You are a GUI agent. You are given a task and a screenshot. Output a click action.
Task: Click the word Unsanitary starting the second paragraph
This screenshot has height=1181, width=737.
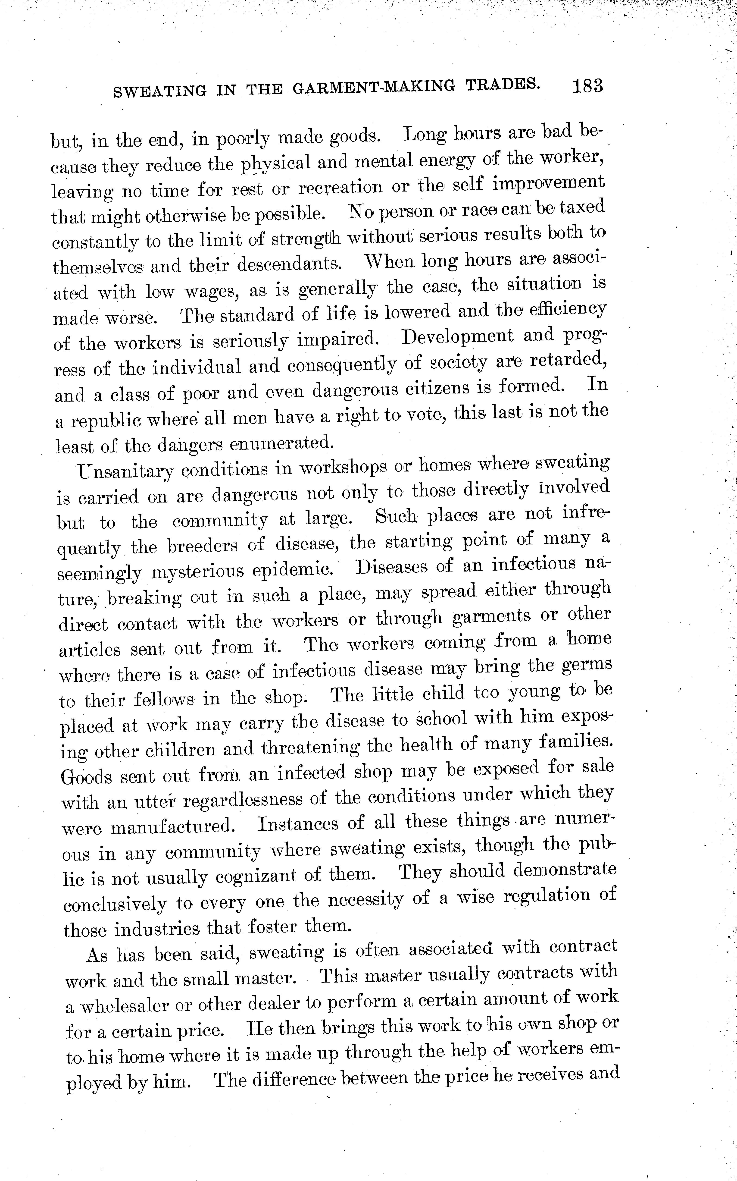(x=126, y=471)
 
